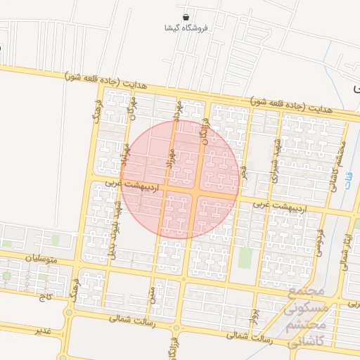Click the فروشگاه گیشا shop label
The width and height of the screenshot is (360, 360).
click(186, 29)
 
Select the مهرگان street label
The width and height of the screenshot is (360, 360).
click(131, 108)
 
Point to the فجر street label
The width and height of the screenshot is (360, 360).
click(244, 172)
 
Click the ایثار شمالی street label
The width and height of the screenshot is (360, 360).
click(345, 255)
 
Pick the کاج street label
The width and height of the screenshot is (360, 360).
click(47, 298)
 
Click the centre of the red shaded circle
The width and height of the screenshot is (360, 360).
click(180, 180)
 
